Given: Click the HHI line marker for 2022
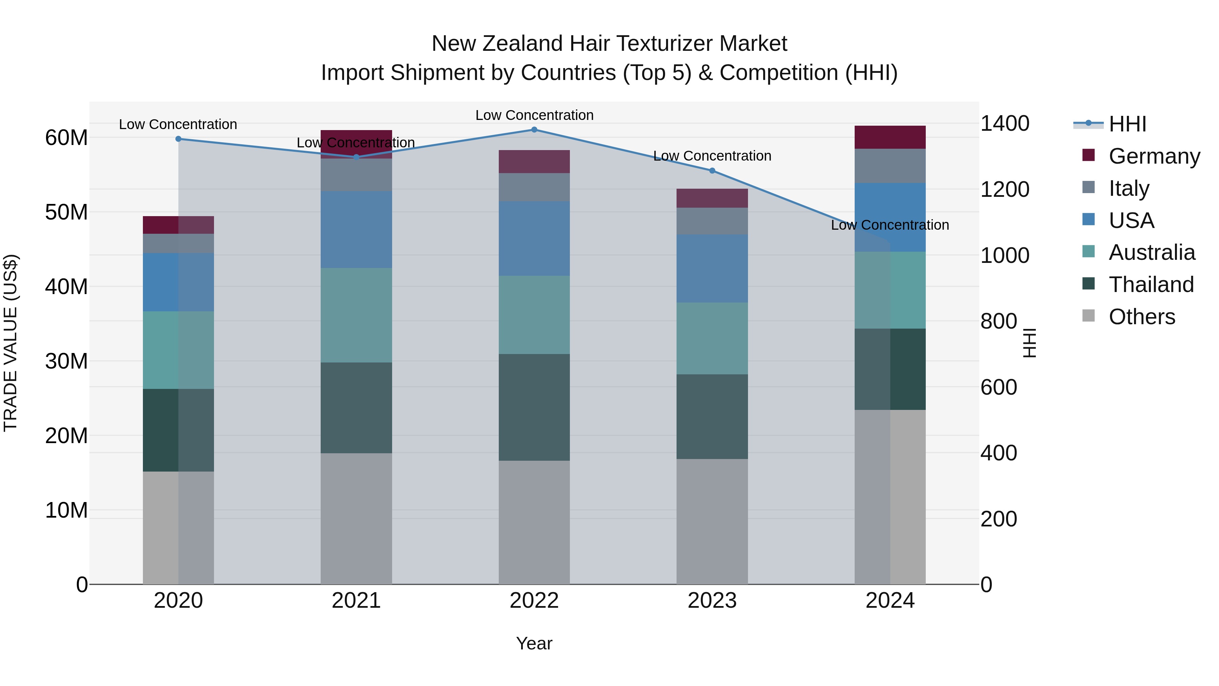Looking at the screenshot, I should tap(534, 130).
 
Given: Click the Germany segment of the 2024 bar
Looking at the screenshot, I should tap(890, 137).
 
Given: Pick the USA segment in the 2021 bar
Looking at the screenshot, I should tap(356, 230).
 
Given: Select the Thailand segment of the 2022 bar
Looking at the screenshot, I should tap(534, 407).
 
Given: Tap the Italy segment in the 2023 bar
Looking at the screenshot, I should tap(712, 221).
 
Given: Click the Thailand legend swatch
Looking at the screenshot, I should tap(1088, 284).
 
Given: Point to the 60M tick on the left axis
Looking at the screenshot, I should tap(66, 138).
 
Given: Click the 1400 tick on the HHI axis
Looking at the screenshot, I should tap(1005, 124).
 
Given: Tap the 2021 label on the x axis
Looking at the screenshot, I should tap(356, 601).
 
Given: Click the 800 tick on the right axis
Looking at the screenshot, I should tap(999, 321).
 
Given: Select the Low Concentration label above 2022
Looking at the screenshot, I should tap(534, 115).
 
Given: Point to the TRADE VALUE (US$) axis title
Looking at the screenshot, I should tap(10, 343).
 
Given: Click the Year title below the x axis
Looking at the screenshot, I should tap(534, 643).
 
